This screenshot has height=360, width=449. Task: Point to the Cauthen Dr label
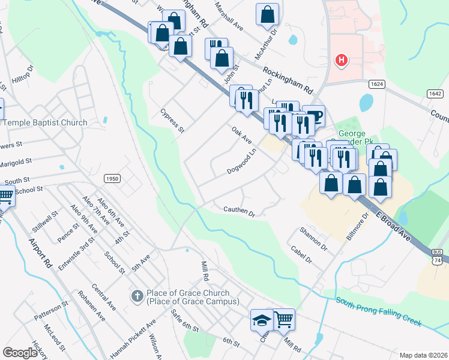240,212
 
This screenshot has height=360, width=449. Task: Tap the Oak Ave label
241,135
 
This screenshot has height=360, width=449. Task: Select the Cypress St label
172,121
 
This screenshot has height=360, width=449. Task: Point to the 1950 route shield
112,178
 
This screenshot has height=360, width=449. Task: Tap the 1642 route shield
436,94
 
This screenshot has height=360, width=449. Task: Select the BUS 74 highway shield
437,257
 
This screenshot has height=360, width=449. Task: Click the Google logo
20,353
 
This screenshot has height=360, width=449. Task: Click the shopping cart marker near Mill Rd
284,319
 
